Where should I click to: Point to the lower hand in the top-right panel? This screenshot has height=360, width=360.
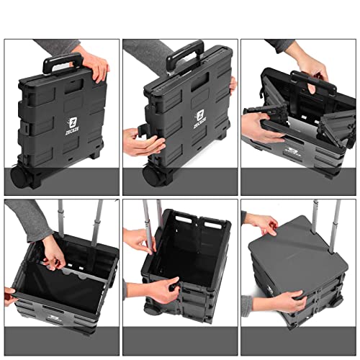(x=261, y=128)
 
